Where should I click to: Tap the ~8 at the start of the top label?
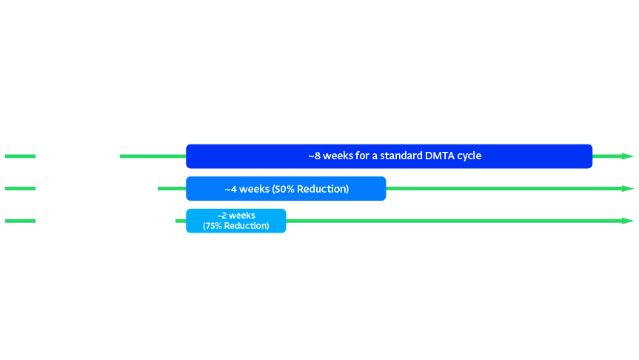314,156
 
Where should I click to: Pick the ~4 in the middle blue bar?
231,189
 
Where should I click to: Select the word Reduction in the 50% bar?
323,189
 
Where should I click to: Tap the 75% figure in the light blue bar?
213,226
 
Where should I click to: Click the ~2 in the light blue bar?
222,216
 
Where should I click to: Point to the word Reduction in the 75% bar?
247,226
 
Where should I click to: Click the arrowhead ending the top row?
628,156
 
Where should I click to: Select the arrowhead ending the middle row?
628,188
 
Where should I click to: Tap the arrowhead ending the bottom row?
628,221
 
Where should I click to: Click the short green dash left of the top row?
21,156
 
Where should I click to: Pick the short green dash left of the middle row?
21,188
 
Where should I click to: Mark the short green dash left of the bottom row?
21,221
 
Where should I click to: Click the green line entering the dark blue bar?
153,156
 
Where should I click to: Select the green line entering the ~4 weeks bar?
172,188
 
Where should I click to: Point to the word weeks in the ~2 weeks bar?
242,216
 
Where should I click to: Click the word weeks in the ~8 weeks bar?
338,156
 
